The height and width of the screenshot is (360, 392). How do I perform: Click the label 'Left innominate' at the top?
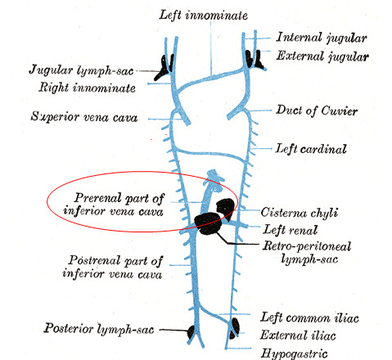click(x=204, y=15)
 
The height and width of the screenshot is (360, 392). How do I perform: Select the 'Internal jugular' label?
click(x=322, y=38)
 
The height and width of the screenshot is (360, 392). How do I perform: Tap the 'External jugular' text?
click(x=322, y=56)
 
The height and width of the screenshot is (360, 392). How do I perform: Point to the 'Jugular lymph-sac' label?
click(x=81, y=70)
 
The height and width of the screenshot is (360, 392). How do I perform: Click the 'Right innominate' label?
click(x=87, y=88)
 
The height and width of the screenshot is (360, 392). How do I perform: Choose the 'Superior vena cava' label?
click(x=84, y=117)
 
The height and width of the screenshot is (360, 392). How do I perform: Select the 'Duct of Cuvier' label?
click(x=317, y=110)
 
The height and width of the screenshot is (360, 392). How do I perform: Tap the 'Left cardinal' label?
click(x=311, y=149)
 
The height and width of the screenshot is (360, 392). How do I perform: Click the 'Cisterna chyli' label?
click(x=300, y=213)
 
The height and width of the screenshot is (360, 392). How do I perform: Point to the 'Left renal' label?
click(x=291, y=229)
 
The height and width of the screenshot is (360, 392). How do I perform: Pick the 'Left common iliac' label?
click(x=309, y=317)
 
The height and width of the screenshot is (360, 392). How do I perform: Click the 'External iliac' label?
click(x=298, y=335)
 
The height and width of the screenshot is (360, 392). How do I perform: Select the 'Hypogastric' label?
click(x=294, y=353)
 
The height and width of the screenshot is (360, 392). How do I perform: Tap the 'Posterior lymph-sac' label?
click(x=99, y=328)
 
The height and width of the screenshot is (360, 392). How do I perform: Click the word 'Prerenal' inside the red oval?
click(x=97, y=197)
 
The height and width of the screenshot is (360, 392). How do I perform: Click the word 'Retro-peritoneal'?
click(x=307, y=245)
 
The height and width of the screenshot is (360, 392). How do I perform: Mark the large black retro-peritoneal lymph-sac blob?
click(x=208, y=223)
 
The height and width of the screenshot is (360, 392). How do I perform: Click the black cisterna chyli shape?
click(x=225, y=208)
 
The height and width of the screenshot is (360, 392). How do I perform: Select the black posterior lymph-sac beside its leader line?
click(x=191, y=332)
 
